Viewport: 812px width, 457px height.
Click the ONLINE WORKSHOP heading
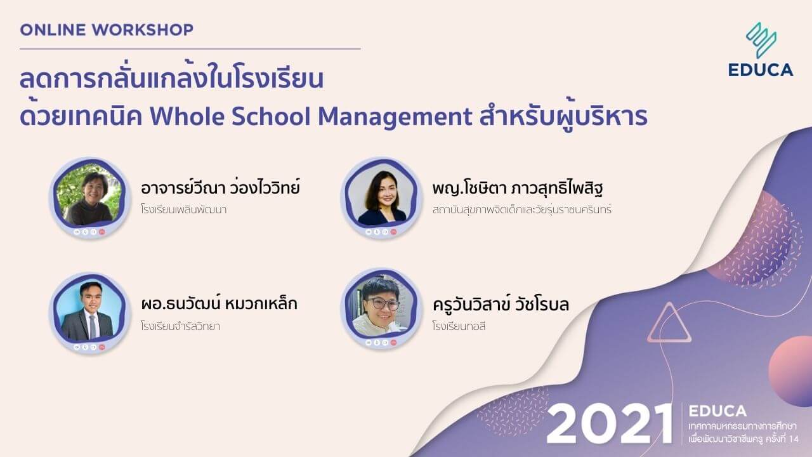(107, 29)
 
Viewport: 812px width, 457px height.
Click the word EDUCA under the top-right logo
(761, 70)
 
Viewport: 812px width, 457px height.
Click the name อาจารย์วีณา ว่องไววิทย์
(220, 189)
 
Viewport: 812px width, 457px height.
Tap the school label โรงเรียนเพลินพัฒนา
(183, 209)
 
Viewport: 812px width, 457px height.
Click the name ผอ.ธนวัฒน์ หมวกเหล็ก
(219, 304)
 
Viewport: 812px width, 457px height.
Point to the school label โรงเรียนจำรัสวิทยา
(180, 327)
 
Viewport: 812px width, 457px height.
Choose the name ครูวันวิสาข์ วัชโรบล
(500, 304)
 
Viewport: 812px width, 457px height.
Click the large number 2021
(609, 423)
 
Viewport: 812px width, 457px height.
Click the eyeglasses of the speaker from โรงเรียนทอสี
(381, 303)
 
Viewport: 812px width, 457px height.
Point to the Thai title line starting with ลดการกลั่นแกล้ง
(171, 81)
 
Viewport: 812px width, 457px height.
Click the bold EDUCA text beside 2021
(716, 411)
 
